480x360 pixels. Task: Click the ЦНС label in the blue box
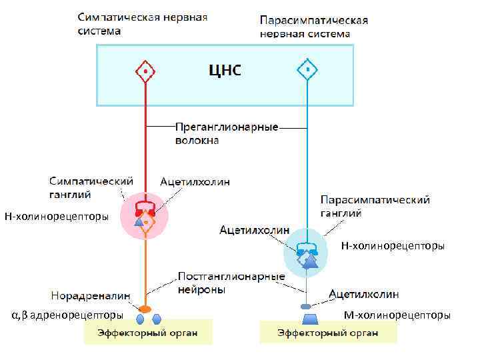[x=225, y=70]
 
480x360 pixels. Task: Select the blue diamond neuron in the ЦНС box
[x=306, y=69]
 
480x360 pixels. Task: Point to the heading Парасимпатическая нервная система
[x=313, y=27]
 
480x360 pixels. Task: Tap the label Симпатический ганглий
[x=92, y=187]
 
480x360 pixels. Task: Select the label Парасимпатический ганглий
[x=375, y=207]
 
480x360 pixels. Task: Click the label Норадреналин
[x=91, y=295]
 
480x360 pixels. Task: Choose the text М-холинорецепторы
[x=396, y=315]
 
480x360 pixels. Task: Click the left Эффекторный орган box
[x=147, y=331]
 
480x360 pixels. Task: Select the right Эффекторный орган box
[x=327, y=331]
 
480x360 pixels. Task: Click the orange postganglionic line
[x=145, y=273]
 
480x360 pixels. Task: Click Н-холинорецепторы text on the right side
[x=393, y=246]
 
